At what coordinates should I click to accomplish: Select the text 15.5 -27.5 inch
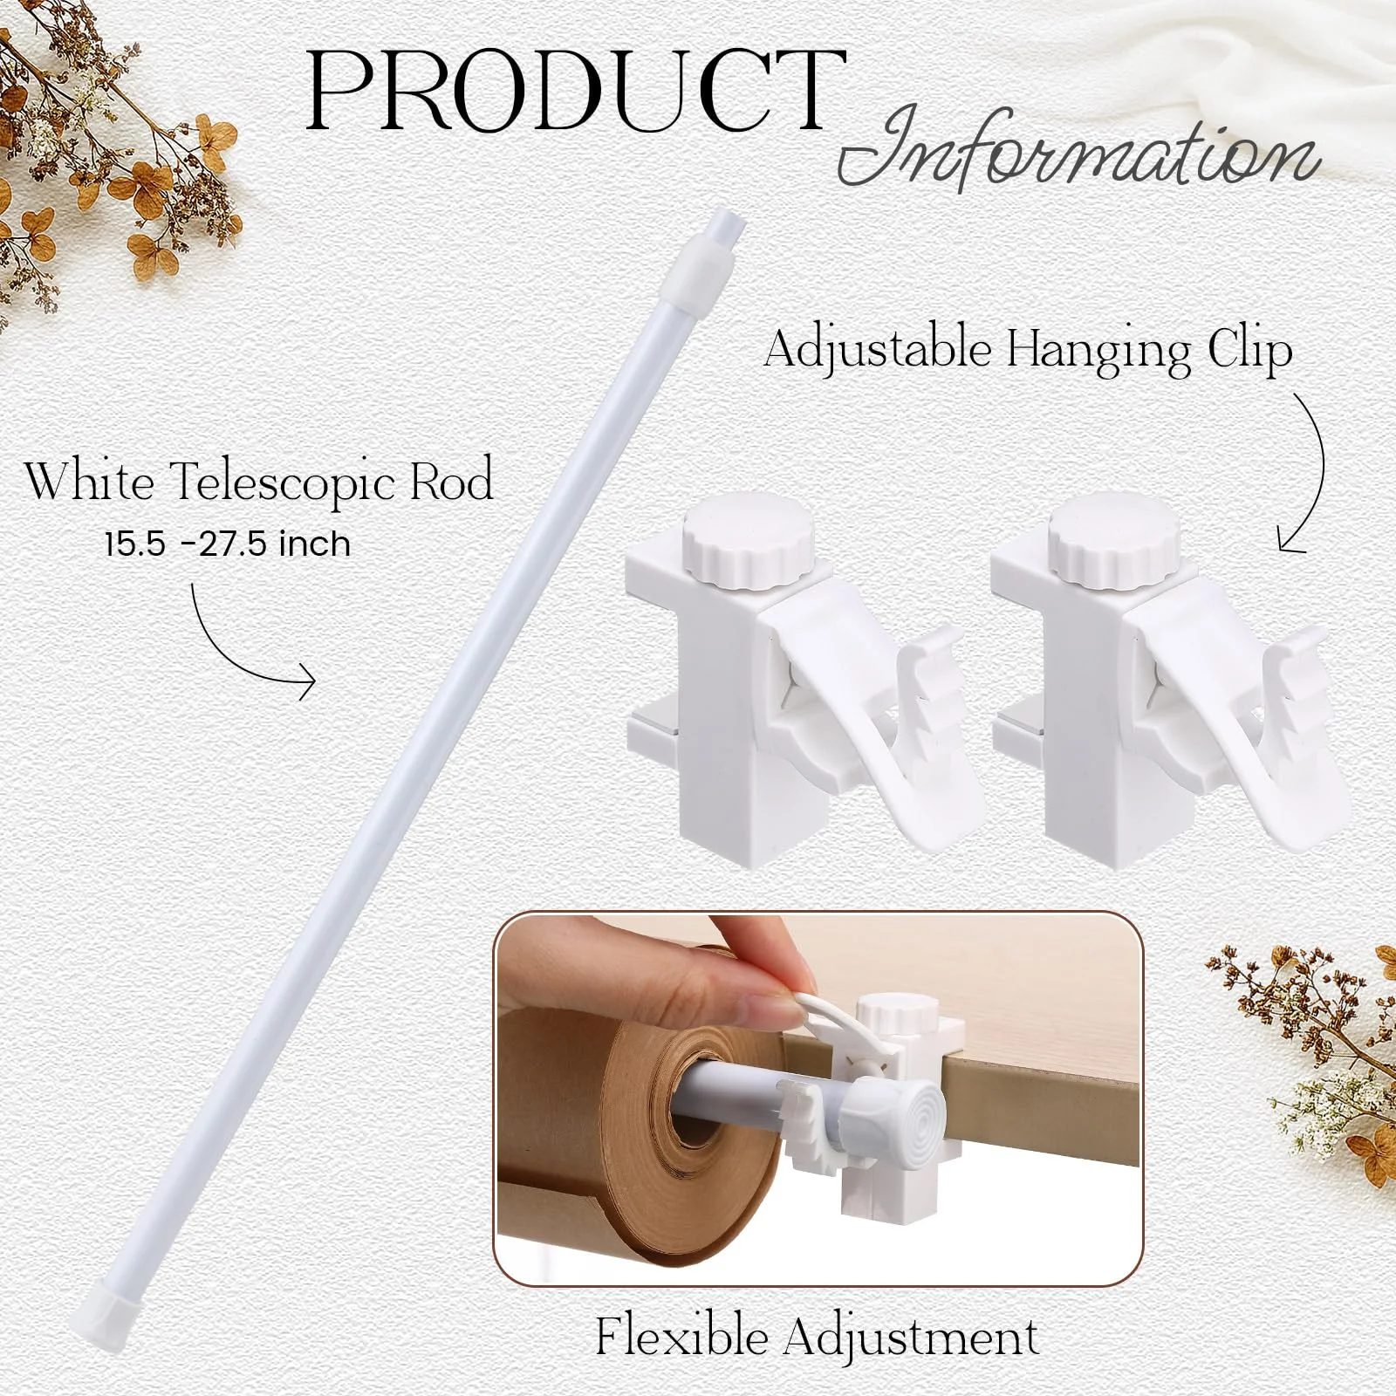(228, 544)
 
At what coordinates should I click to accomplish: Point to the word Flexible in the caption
(681, 1337)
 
